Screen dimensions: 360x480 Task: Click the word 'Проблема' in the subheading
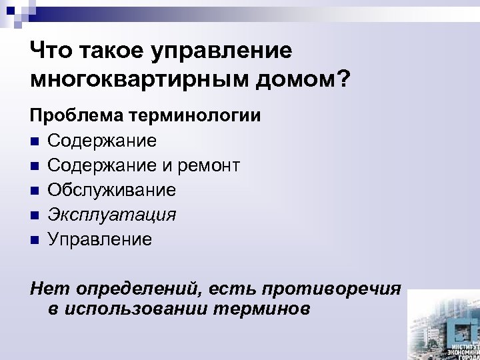tap(75, 117)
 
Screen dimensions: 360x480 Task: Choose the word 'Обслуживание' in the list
tap(112, 191)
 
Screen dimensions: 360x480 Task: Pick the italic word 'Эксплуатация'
tap(112, 215)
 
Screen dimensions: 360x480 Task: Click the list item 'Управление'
tap(100, 239)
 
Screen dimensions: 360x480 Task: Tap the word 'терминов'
tap(262, 310)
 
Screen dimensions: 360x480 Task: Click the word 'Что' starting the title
tap(53, 50)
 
